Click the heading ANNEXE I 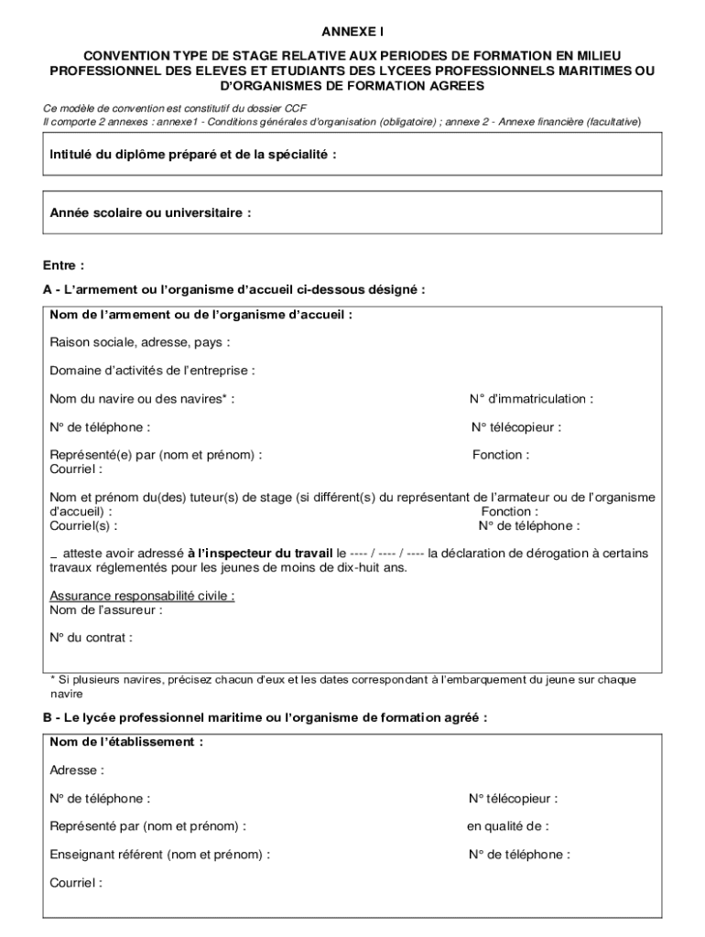click(x=352, y=32)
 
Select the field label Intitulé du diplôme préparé click(x=193, y=155)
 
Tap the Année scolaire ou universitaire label click(x=150, y=213)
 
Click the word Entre click(x=63, y=265)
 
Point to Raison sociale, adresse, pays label click(x=139, y=343)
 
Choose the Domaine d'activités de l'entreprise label click(x=152, y=371)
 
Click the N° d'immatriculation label click(x=531, y=399)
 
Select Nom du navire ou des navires click(x=141, y=399)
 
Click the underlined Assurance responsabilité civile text click(x=142, y=596)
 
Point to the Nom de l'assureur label click(x=106, y=609)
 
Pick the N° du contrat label click(x=91, y=638)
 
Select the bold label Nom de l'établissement click(x=126, y=742)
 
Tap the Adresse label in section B click(x=77, y=770)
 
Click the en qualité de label click(x=508, y=826)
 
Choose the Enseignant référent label click(x=159, y=855)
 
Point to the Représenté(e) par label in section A click(x=156, y=455)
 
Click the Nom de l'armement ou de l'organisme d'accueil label click(x=201, y=315)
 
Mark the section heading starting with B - click(x=265, y=718)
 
